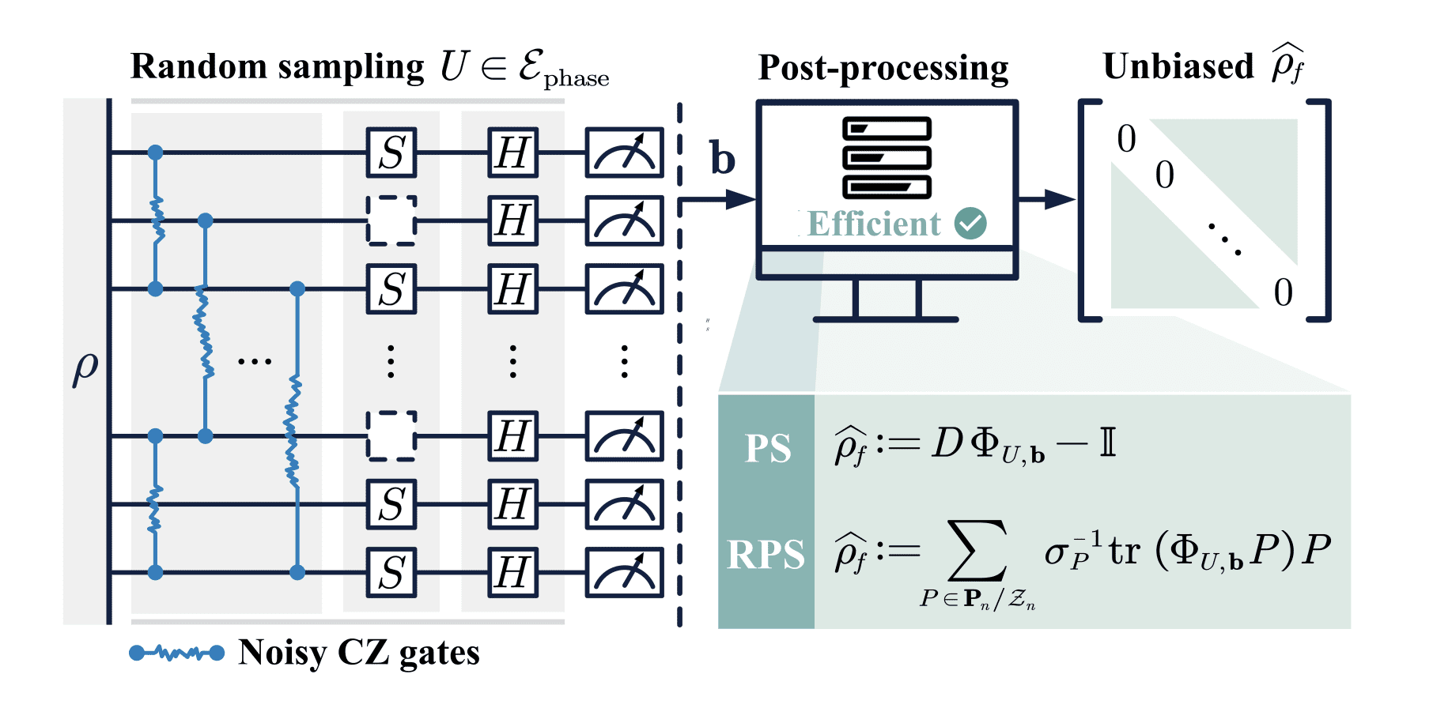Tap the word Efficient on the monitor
[874, 224]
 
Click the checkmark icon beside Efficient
[970, 224]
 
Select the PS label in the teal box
[767, 449]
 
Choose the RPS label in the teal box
[766, 554]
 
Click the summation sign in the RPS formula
[978, 551]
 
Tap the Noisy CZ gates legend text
[359, 653]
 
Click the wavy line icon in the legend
[176, 653]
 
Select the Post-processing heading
[883, 68]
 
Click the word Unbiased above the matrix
[1178, 66]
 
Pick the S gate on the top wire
[391, 153]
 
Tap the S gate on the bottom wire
[391, 572]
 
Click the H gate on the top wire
[512, 153]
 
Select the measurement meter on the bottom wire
[624, 572]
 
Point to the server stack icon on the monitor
[887, 158]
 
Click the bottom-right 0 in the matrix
[1283, 292]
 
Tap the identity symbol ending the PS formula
[1107, 443]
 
